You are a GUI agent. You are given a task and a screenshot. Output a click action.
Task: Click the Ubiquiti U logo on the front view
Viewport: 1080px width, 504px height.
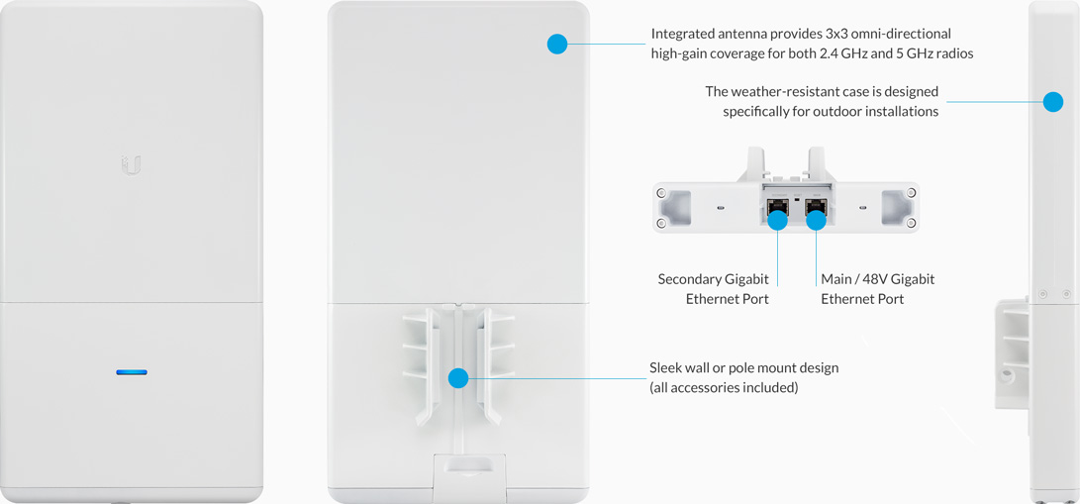(131, 164)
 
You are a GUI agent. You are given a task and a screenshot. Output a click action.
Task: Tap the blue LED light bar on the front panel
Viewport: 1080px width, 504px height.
(132, 372)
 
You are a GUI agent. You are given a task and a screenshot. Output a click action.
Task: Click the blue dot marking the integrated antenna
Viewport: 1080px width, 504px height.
(556, 45)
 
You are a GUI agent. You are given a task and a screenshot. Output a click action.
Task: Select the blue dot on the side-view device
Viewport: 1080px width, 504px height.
(1053, 102)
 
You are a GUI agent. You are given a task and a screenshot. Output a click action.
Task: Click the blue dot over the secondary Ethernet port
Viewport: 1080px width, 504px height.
(778, 220)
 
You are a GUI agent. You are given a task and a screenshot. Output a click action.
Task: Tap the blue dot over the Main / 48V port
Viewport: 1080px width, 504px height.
(817, 220)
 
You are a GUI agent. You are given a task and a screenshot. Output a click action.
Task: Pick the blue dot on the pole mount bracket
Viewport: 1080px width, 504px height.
(458, 378)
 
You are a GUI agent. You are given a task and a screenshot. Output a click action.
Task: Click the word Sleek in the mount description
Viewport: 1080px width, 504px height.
(665, 367)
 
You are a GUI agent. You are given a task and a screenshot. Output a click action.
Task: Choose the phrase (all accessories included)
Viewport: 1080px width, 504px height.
(724, 387)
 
